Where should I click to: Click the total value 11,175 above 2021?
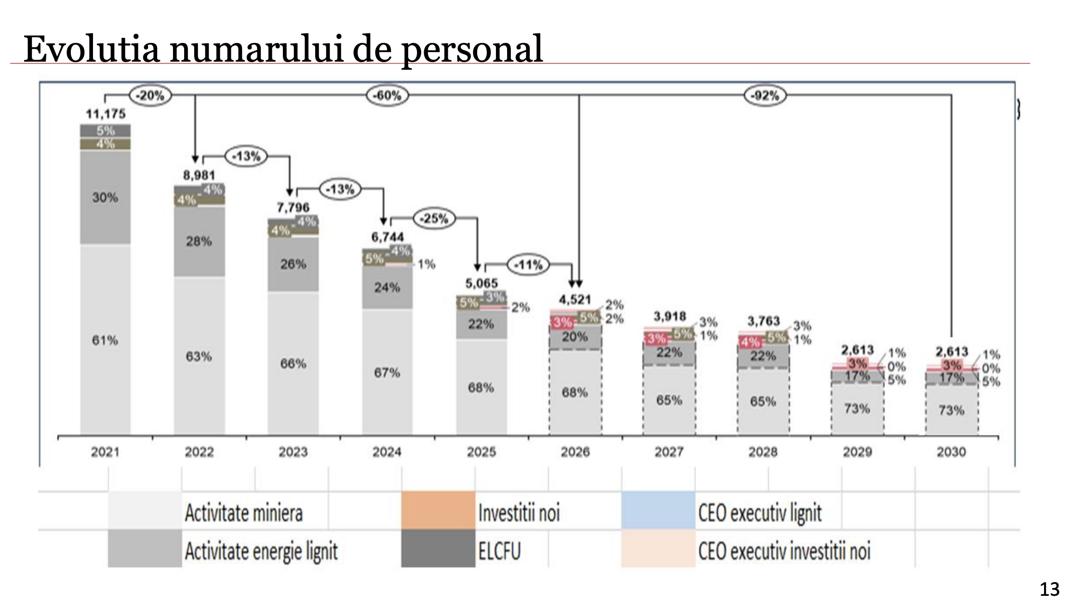[106, 114]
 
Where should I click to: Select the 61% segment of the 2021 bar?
[105, 340]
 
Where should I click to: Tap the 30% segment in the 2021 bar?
[105, 197]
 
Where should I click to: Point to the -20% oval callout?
[150, 95]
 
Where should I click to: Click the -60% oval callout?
[388, 95]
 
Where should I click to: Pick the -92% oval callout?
[765, 95]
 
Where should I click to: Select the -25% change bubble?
[435, 219]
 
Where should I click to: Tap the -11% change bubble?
[529, 264]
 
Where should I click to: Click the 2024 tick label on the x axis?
[387, 452]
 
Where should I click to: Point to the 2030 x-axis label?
[951, 452]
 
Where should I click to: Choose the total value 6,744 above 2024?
[387, 237]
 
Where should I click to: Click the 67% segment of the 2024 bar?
[387, 372]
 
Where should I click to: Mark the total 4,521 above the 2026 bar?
[575, 300]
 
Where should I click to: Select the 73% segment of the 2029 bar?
[857, 409]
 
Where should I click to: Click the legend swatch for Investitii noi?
[438, 511]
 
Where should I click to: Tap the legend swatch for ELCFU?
[438, 549]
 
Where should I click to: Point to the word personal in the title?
[472, 50]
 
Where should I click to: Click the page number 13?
[1050, 589]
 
